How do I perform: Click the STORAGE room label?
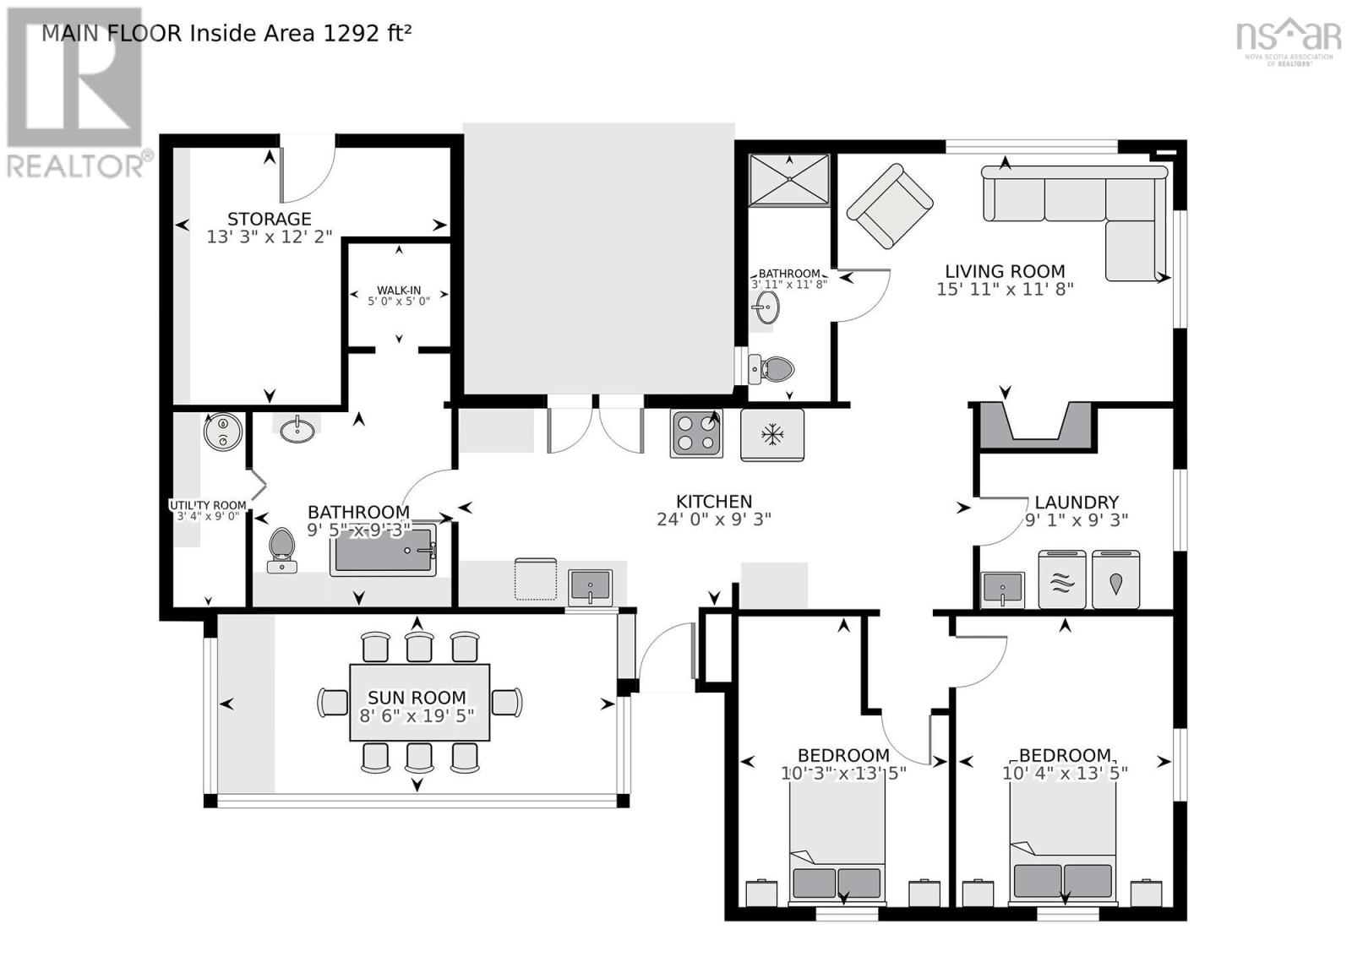269,219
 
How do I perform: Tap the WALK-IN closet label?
399,291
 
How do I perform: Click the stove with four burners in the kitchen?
696,433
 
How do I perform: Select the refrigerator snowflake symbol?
771,435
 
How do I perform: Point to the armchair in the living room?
889,206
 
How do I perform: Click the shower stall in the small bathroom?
788,180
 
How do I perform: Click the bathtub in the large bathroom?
383,551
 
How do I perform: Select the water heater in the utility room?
223,432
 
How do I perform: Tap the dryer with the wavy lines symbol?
1061,579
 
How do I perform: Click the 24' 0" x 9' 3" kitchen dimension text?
713,519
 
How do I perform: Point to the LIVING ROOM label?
1004,271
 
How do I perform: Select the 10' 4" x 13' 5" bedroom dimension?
1065,773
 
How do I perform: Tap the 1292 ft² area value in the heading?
368,33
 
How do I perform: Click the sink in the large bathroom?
297,431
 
